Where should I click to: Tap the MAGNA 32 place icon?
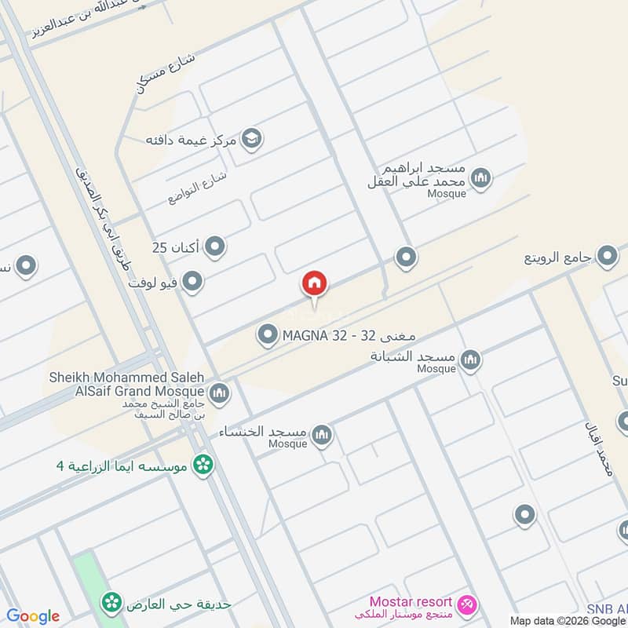pyautogui.click(x=268, y=336)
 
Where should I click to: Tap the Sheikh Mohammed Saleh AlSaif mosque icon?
pyautogui.click(x=219, y=392)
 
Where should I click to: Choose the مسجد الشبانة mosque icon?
pyautogui.click(x=470, y=360)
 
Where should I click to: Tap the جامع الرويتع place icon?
pyautogui.click(x=606, y=256)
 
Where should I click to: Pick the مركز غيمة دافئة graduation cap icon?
pyautogui.click(x=252, y=140)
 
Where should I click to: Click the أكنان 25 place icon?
pyautogui.click(x=215, y=248)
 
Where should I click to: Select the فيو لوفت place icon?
pyautogui.click(x=192, y=281)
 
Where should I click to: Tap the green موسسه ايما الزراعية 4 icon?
pyautogui.click(x=204, y=465)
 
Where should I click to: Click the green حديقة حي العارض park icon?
pyautogui.click(x=111, y=603)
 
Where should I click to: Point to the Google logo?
pyautogui.click(x=33, y=616)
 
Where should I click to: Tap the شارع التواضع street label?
pyautogui.click(x=197, y=187)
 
